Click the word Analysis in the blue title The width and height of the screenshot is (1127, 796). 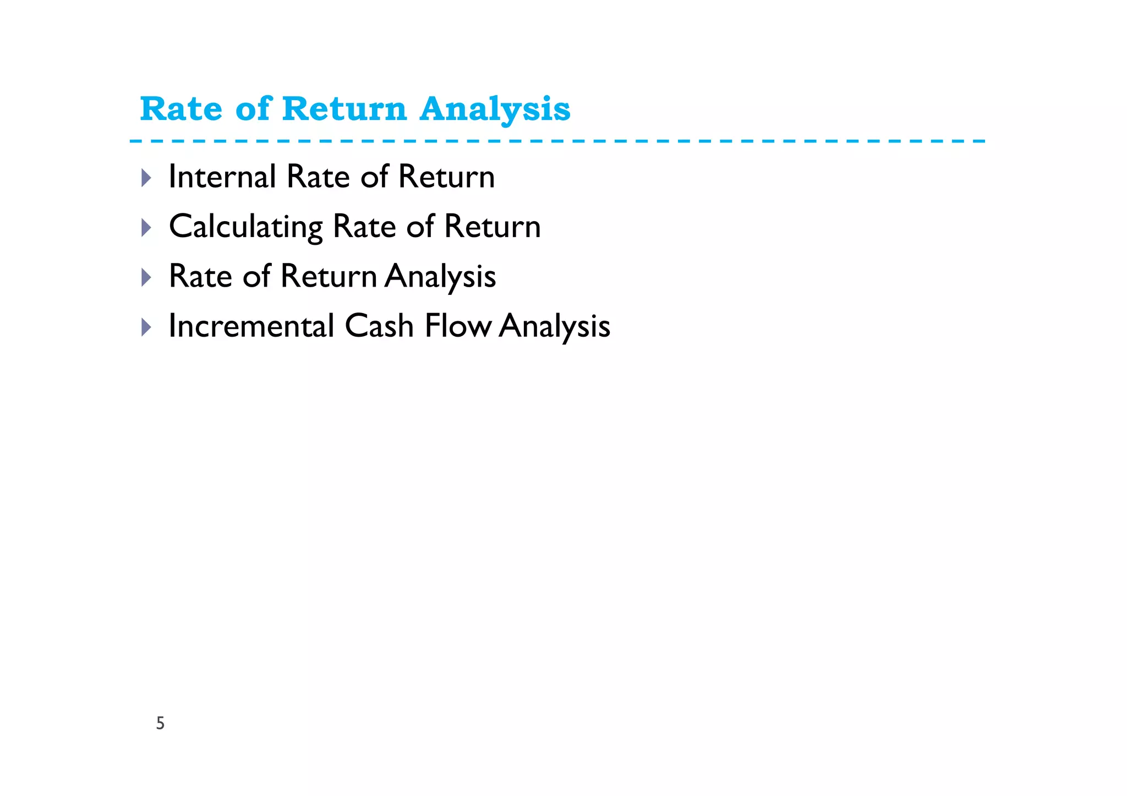pos(495,109)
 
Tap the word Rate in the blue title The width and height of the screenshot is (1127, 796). pos(181,109)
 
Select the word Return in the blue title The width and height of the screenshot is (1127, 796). pos(344,109)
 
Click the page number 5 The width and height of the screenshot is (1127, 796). pos(160,723)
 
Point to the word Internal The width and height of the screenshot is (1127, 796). pos(222,177)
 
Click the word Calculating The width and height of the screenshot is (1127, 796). pos(245,227)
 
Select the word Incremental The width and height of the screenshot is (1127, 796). pos(251,326)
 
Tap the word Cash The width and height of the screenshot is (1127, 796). pos(379,326)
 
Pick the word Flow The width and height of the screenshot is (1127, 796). pos(458,326)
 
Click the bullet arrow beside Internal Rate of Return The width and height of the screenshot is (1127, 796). pos(146,178)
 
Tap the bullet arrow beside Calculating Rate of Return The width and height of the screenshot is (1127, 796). pos(146,227)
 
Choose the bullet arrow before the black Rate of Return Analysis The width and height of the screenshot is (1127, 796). pos(146,277)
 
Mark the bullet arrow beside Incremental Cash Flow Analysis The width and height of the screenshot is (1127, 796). pos(146,327)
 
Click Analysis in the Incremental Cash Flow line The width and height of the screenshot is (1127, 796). pos(555,326)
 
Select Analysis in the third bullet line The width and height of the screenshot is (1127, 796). pos(440,276)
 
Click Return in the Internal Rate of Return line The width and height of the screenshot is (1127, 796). pos(446,177)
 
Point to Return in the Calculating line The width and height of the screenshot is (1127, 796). pos(493,227)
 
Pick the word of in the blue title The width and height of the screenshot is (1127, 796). pos(253,109)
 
